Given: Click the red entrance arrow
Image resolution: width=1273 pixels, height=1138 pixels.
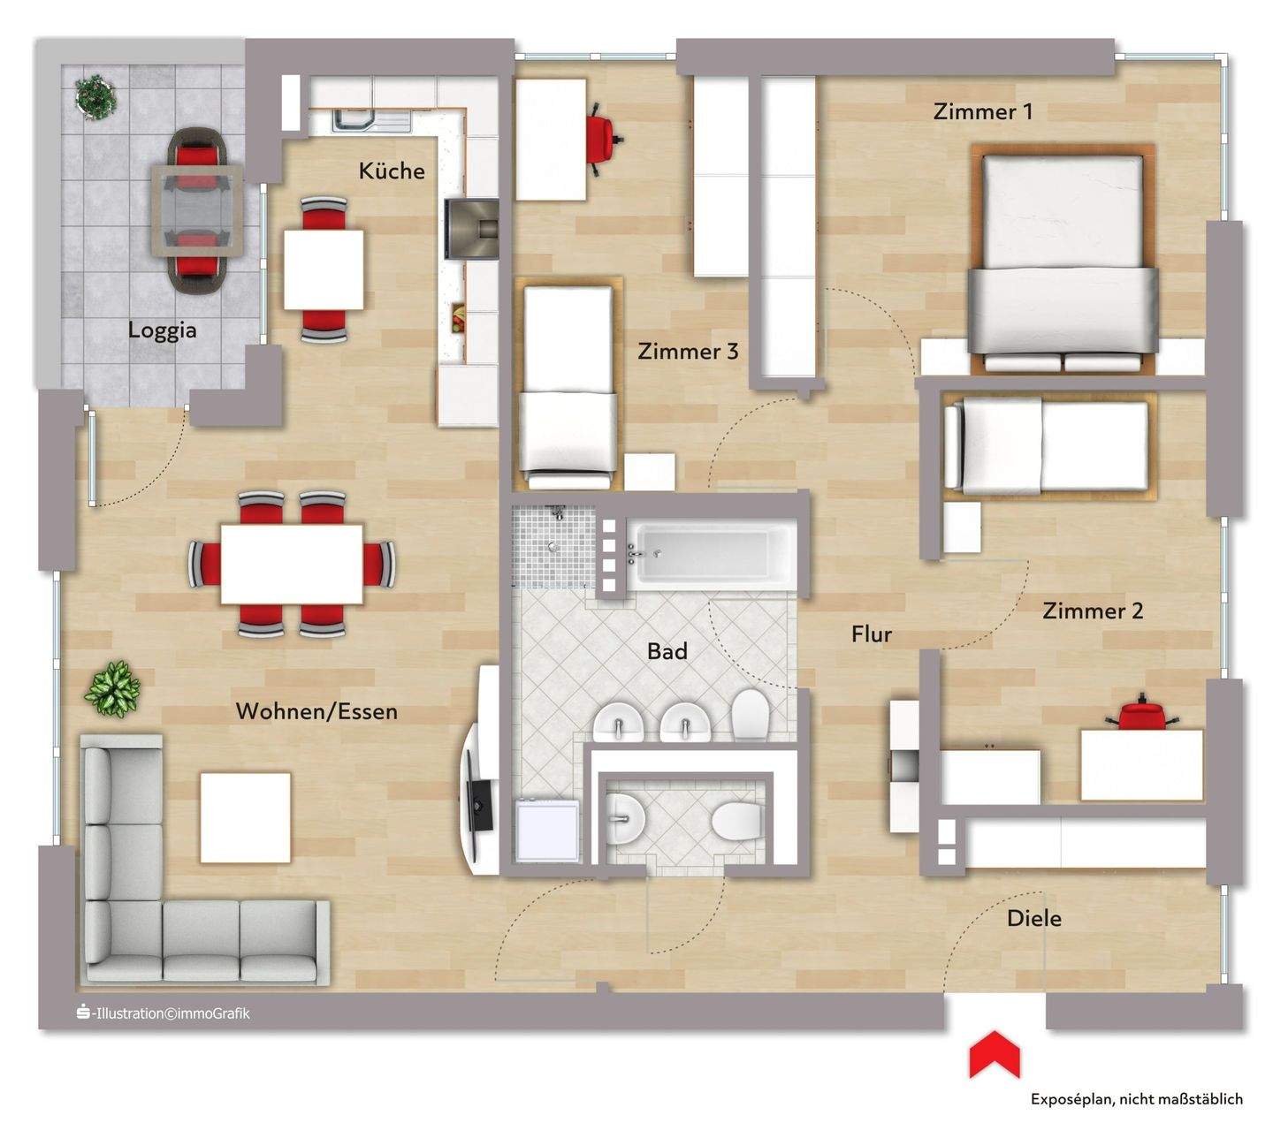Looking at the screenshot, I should [994, 1055].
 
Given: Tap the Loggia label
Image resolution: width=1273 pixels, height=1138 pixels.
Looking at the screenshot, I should [162, 330].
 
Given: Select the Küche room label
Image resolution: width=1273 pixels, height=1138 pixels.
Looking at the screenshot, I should [392, 171].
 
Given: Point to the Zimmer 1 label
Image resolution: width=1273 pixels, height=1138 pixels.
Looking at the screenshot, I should [983, 111].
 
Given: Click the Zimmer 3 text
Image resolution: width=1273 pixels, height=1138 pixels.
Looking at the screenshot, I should [688, 352].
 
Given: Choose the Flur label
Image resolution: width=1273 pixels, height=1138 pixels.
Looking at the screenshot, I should [872, 634].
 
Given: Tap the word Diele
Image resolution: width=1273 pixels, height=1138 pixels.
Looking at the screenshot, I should [1034, 919].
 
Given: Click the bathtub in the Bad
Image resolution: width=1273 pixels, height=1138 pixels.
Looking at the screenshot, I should [713, 554].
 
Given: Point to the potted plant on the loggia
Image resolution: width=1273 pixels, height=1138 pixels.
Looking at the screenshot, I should [95, 95].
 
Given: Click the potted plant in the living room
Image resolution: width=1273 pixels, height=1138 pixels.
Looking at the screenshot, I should [112, 688].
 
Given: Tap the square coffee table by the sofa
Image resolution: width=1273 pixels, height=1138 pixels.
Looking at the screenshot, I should [246, 817].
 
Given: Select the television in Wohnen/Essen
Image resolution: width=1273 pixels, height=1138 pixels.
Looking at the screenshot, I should [477, 804].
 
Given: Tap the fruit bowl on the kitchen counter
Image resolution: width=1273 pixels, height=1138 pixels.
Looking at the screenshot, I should [459, 316].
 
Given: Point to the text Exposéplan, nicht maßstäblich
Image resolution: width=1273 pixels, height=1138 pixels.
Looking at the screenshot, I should [1136, 1099].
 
